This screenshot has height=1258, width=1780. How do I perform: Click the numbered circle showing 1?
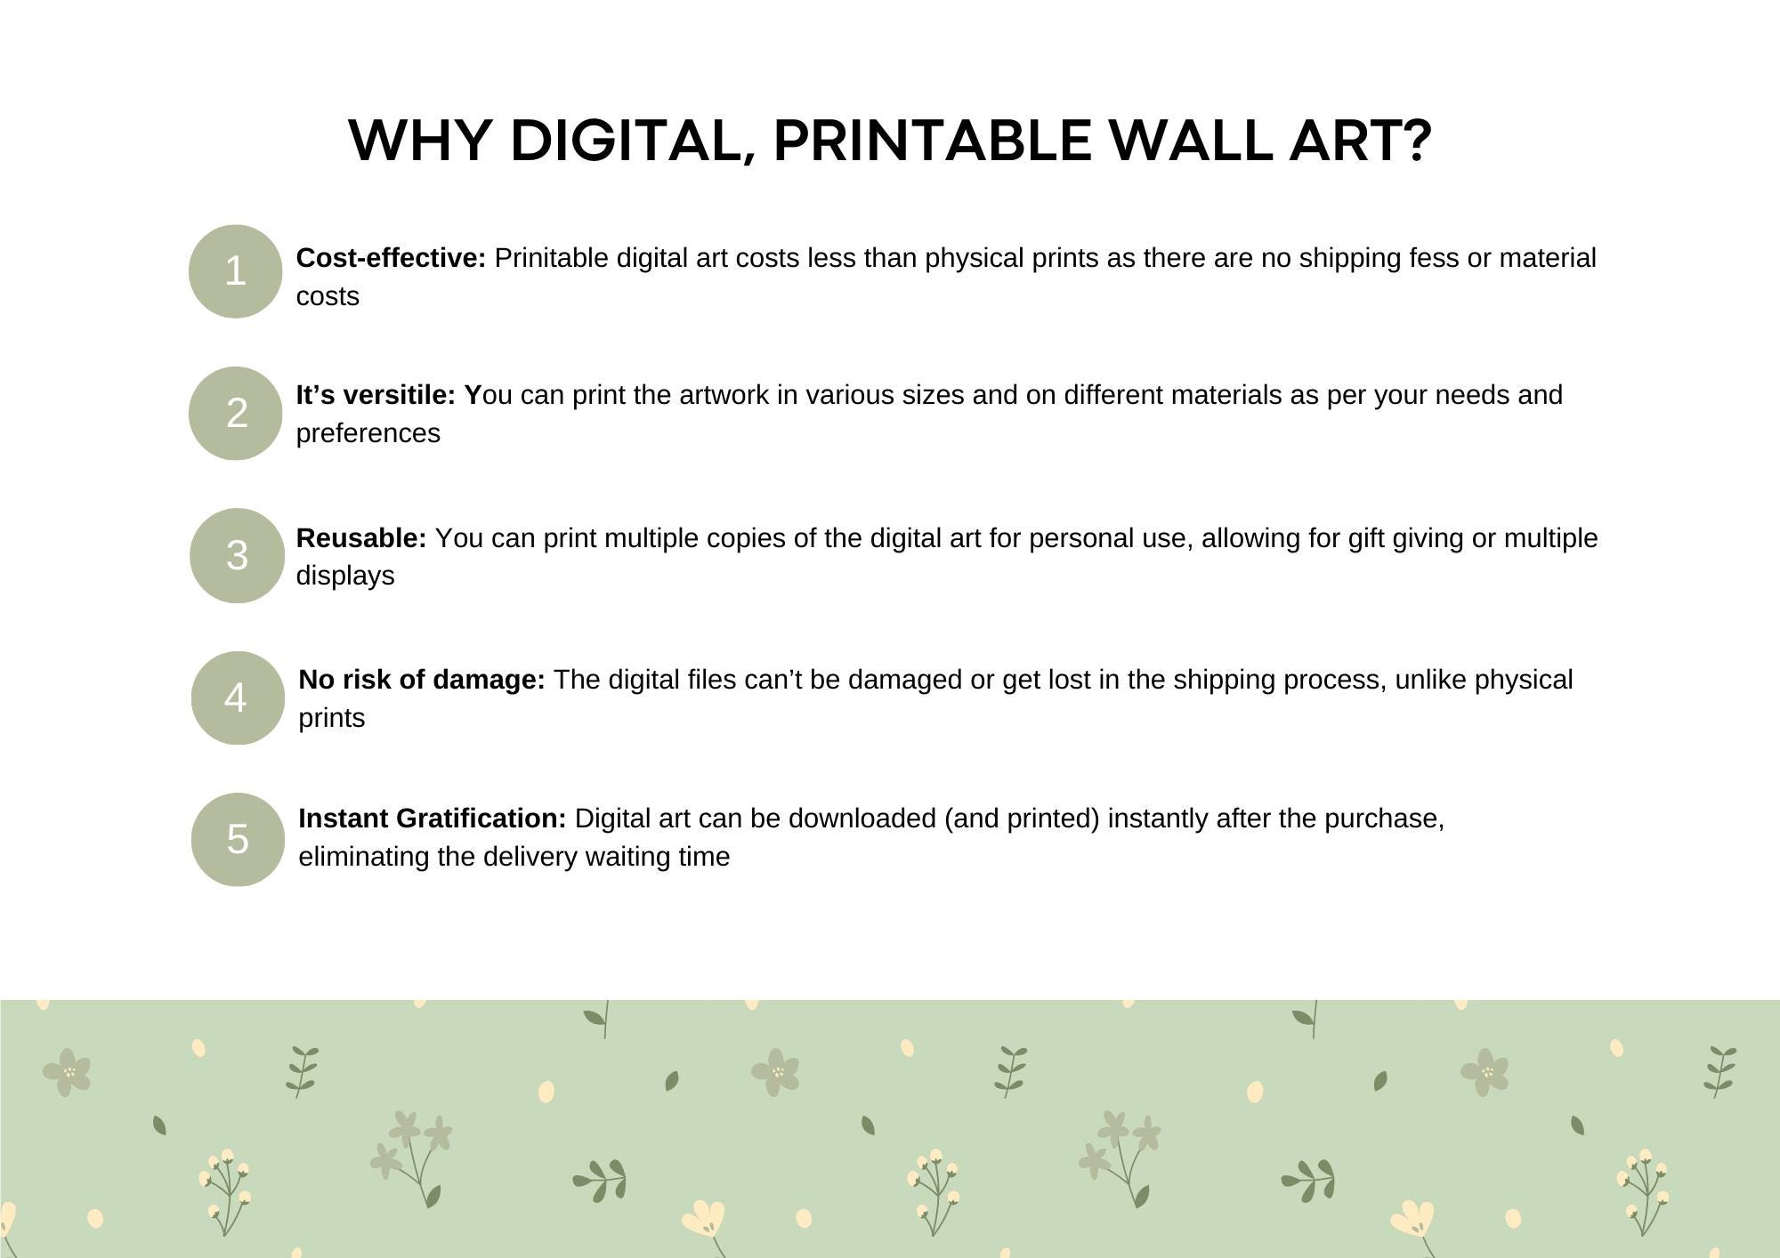point(235,271)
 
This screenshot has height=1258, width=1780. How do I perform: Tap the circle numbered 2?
point(236,413)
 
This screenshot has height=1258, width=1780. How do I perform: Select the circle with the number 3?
point(237,555)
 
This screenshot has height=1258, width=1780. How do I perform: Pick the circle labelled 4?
point(238,698)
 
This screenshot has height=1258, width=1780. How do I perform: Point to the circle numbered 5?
point(238,839)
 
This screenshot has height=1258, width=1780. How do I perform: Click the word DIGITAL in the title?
point(633,141)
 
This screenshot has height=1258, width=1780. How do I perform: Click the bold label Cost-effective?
point(391,258)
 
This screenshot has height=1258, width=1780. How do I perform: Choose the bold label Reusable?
point(361,538)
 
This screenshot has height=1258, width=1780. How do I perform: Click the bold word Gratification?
point(481,819)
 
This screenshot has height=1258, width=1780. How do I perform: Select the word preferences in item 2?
point(368,433)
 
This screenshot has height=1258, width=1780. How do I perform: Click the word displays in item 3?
point(345,576)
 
